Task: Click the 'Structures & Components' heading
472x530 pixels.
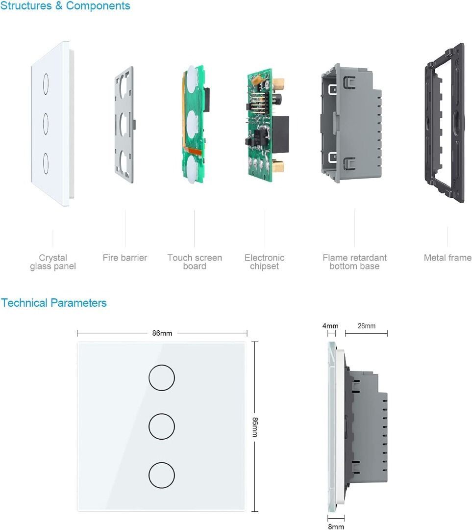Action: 65,6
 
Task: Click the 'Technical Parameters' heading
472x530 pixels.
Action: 53,303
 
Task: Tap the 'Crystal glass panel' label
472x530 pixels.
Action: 53,262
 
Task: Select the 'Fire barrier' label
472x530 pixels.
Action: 124,258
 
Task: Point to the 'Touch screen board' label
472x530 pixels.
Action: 195,262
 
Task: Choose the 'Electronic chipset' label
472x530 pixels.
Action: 264,262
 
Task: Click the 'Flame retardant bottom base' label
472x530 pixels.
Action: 354,262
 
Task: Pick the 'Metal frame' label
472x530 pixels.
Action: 447,258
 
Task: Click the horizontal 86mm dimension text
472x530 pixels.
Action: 162,333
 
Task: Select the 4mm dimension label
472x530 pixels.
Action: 330,326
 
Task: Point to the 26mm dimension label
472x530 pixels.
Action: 366,326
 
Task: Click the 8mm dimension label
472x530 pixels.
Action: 336,527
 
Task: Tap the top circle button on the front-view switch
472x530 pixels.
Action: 161,378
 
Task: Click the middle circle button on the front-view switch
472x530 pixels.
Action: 161,427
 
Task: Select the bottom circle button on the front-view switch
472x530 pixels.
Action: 161,476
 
